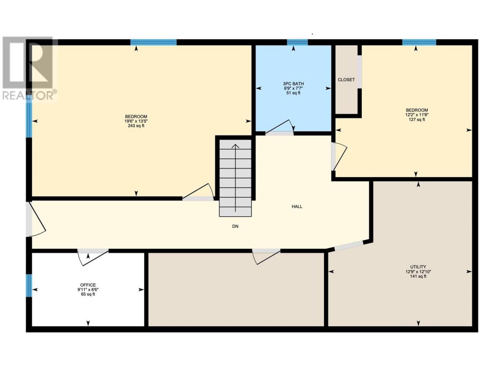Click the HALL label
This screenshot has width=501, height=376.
297,207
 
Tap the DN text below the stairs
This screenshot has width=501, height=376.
235,226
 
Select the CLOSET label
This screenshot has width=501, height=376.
346,80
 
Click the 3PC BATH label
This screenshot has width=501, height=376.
293,84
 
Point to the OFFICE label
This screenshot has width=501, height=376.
88,285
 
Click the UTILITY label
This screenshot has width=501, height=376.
418,267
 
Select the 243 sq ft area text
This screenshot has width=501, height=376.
136,126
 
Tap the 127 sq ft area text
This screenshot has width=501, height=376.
417,119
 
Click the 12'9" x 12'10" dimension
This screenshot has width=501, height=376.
418,272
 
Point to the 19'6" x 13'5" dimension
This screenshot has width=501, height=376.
136,121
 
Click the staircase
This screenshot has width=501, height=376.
235,178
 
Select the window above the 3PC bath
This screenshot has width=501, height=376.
297,42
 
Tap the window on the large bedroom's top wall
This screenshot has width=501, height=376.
153,42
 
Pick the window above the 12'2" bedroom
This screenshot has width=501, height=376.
419,42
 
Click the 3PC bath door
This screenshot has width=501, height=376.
279,128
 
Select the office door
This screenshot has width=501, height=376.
93,257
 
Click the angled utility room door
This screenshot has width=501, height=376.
348,246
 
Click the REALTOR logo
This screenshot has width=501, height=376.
30,68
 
